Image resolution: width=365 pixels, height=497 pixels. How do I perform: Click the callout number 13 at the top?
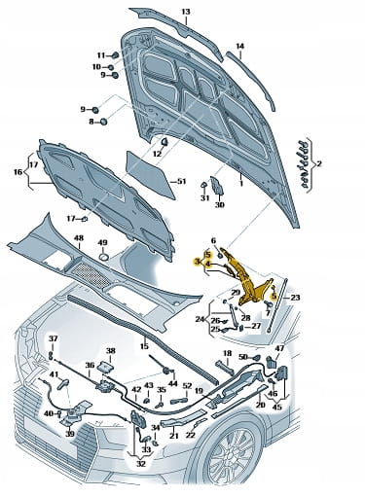click(x=186, y=12)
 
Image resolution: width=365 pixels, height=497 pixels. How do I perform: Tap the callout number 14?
click(x=239, y=47)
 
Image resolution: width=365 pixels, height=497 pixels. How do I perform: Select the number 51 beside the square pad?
click(x=181, y=181)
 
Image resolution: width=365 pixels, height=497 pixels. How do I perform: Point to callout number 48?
click(x=79, y=238)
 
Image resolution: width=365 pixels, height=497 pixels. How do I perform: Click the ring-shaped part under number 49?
click(x=103, y=257)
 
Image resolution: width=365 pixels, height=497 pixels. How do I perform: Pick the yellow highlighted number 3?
click(x=197, y=262)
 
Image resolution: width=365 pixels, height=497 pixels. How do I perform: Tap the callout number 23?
click(x=295, y=298)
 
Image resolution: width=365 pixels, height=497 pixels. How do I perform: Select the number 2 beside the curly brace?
click(x=319, y=163)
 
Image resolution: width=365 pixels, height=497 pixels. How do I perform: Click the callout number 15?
click(x=144, y=346)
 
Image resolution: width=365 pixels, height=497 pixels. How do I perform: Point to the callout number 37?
click(x=53, y=338)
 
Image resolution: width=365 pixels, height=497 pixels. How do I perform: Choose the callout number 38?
click(x=111, y=351)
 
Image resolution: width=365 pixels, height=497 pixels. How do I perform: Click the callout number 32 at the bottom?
click(x=141, y=464)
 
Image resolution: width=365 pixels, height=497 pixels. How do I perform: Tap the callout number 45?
click(x=276, y=407)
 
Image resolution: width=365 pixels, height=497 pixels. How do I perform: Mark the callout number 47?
click(x=279, y=349)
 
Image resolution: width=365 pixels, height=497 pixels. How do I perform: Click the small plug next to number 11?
click(x=115, y=55)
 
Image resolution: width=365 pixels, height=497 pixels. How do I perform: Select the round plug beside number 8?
click(x=103, y=122)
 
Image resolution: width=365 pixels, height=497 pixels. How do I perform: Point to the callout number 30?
click(x=220, y=205)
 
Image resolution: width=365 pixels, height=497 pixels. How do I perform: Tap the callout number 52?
click(x=187, y=386)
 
